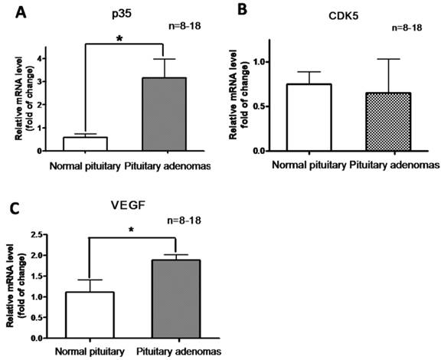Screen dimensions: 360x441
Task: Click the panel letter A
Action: click(12, 11)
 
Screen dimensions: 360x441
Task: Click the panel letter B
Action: click(243, 11)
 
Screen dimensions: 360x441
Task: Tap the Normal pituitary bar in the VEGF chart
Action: click(90, 315)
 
